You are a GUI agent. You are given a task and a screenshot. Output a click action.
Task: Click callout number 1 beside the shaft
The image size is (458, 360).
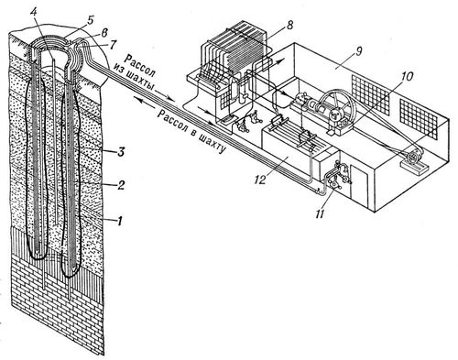pyautogui.click(x=120, y=221)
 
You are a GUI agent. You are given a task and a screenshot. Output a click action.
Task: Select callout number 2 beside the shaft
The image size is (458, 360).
pyautogui.click(x=121, y=185)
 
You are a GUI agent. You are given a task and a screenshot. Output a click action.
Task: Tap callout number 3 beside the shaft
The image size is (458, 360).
pyautogui.click(x=121, y=152)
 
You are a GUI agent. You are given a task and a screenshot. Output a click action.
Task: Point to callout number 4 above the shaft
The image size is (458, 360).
pyautogui.click(x=35, y=14)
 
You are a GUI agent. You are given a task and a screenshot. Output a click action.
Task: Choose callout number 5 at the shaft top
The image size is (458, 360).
pyautogui.click(x=90, y=20)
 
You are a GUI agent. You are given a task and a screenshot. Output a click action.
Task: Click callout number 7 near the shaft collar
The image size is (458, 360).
pyautogui.click(x=112, y=45)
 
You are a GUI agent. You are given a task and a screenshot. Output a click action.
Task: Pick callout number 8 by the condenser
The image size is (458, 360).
pyautogui.click(x=289, y=25)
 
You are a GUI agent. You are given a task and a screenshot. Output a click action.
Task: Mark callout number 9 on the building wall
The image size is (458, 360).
pyautogui.click(x=359, y=51)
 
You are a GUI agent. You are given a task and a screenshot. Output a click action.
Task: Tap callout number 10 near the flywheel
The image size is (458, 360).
pyautogui.click(x=407, y=76)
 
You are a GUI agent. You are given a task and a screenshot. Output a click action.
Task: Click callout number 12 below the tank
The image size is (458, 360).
pyautogui.click(x=259, y=179)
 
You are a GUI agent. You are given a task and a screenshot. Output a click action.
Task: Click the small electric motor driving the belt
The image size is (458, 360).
pyautogui.click(x=412, y=158)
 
